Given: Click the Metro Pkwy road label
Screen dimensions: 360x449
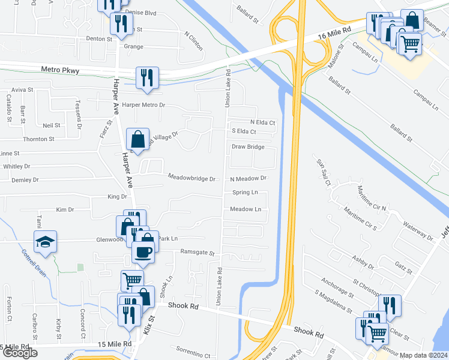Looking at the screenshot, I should pyautogui.click(x=60, y=70).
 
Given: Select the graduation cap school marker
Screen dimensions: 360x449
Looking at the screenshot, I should pyautogui.click(x=45, y=242).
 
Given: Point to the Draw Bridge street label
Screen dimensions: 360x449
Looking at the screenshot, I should pyautogui.click(x=248, y=146).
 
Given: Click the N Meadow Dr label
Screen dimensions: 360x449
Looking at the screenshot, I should pyautogui.click(x=248, y=178).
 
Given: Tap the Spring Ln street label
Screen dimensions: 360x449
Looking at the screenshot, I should pyautogui.click(x=245, y=193).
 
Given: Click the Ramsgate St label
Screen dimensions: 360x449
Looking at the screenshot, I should pyautogui.click(x=197, y=253).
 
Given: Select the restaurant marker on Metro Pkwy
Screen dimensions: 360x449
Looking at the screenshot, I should pyautogui.click(x=146, y=77).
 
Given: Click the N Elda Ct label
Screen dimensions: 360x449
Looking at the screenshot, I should pyautogui.click(x=262, y=122).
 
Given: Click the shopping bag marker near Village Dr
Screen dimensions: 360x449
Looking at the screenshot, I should pyautogui.click(x=138, y=140).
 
